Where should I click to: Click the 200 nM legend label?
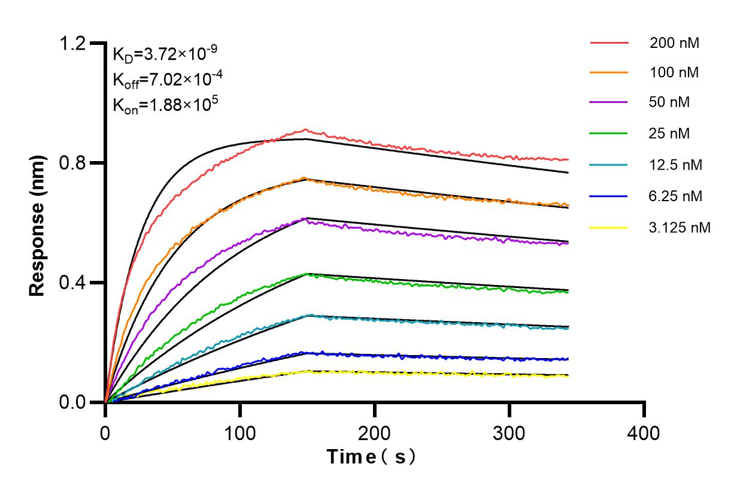[x=674, y=43]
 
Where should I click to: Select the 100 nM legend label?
[x=674, y=72]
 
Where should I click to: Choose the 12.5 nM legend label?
[x=675, y=165]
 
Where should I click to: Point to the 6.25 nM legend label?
[x=675, y=196]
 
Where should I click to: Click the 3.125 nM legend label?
[x=680, y=228]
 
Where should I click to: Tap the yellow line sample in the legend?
[x=609, y=228]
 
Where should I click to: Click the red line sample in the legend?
[x=609, y=43]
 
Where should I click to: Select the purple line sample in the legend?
[x=609, y=102]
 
